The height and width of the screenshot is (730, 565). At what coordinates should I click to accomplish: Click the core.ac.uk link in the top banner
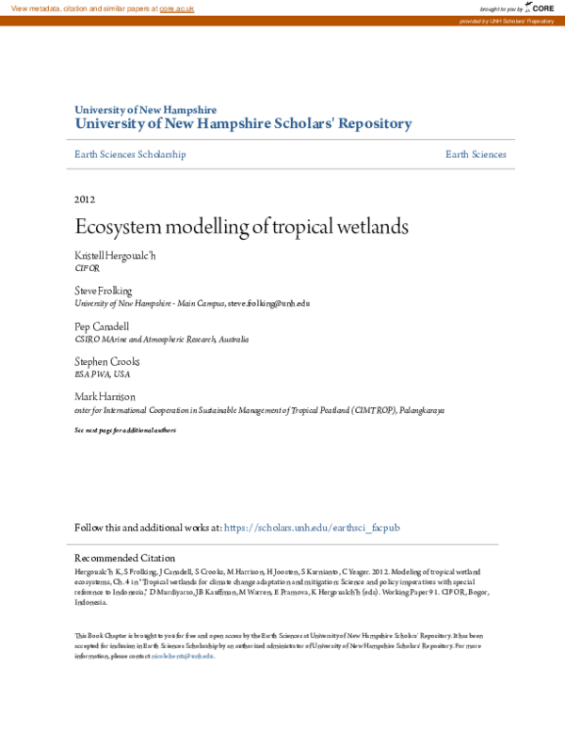coord(176,8)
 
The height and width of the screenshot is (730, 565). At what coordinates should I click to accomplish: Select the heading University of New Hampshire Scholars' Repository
coord(243,123)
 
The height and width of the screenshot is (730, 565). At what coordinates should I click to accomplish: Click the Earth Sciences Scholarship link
coord(130,154)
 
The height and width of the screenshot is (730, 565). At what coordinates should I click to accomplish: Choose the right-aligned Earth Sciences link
coord(476,154)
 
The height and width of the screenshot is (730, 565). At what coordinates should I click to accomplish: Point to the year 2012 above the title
coord(85,199)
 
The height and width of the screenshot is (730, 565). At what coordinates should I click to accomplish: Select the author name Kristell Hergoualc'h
coord(114,256)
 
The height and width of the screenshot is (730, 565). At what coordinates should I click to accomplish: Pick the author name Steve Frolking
coord(104,292)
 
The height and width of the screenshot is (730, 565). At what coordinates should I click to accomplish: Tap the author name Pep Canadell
coord(103,326)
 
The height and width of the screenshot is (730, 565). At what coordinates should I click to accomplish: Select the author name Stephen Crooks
coord(106,361)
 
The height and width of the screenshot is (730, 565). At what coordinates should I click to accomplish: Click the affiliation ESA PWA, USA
coord(103,373)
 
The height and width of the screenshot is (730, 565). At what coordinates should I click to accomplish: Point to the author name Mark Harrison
coord(105,397)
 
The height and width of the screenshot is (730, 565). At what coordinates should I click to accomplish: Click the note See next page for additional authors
coord(125,430)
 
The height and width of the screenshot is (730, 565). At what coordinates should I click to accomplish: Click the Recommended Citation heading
coord(124,558)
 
